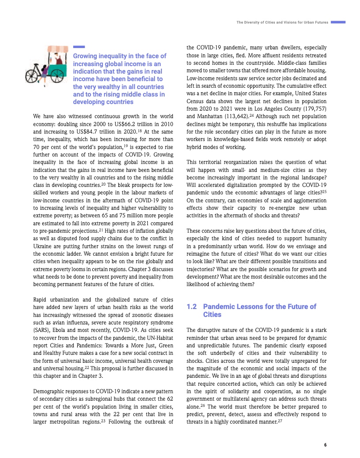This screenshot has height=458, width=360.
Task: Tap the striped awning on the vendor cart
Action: point(55,48)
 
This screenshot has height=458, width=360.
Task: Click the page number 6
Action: point(325,445)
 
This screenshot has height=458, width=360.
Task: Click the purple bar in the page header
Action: point(338,22)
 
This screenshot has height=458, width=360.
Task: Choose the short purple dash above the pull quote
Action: point(79,47)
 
